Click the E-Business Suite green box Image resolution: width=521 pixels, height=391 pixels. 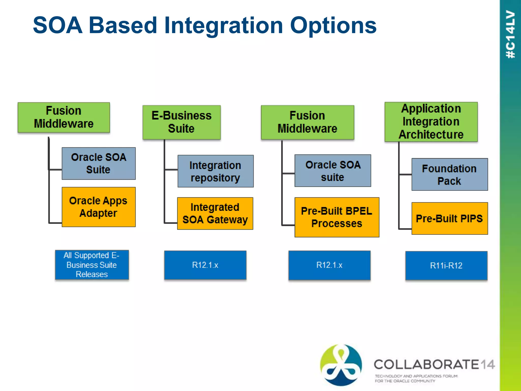tap(181, 122)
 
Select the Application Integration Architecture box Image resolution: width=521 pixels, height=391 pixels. tap(431, 122)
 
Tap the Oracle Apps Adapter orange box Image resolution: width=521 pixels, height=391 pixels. tap(98, 207)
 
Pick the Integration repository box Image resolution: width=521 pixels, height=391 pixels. tap(215, 171)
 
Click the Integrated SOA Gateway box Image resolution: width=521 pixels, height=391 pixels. tap(215, 213)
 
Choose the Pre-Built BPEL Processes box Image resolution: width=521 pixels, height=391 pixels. tap(337, 217)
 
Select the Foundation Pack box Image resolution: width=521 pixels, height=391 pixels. tap(450, 174)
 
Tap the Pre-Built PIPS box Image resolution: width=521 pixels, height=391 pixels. tap(450, 218)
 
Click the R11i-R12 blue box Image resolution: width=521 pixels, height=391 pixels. tap(446, 266)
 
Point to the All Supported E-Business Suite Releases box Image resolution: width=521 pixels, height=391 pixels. tap(92, 265)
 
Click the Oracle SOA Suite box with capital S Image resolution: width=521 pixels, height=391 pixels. tap(98, 163)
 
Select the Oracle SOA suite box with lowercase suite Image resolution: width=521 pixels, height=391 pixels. tap(332, 171)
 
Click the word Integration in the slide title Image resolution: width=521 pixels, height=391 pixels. tap(223, 25)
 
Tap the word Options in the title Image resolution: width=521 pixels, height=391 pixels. tap(333, 25)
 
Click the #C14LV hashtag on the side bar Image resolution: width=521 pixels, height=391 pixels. tap(510, 34)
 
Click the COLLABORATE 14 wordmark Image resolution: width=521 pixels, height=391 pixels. tap(434, 364)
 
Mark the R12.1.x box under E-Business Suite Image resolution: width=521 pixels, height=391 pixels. tap(205, 265)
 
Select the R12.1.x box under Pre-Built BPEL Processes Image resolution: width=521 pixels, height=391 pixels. tap(329, 265)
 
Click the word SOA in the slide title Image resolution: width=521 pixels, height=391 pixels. tap(58, 25)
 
